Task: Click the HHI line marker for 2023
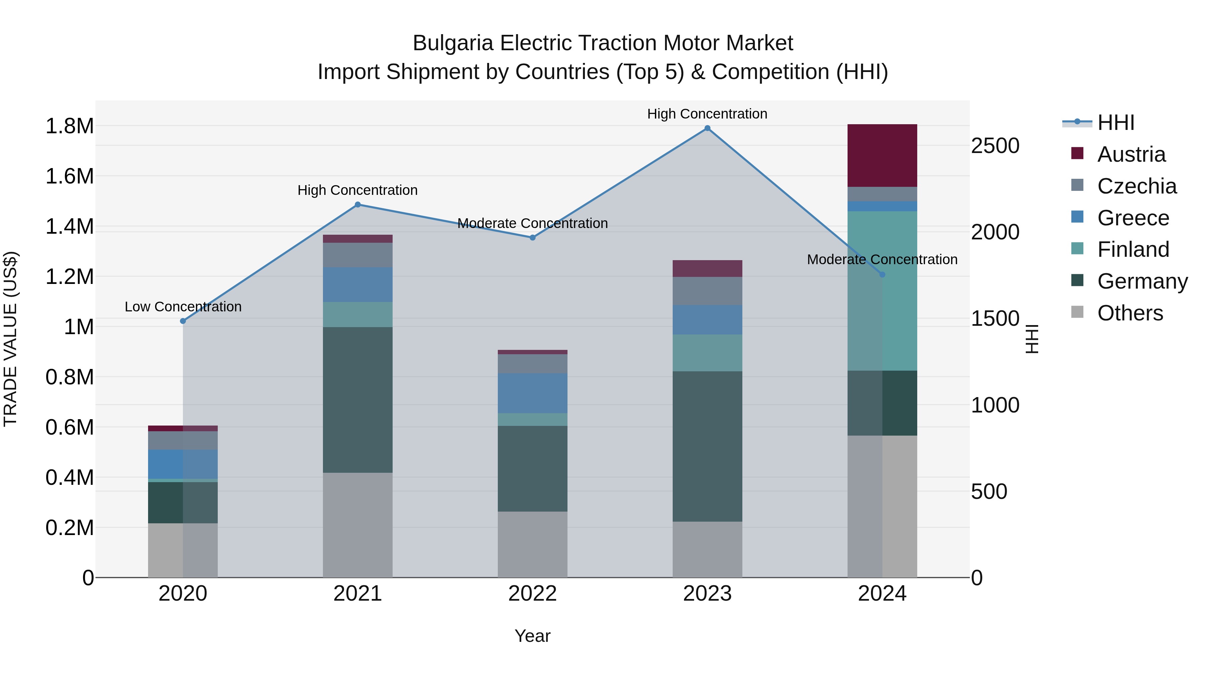pos(708,128)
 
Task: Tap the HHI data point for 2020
pos(183,321)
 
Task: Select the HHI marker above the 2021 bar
pos(358,205)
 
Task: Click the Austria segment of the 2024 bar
pos(882,155)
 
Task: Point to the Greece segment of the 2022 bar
pos(532,393)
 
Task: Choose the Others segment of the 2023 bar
pos(708,549)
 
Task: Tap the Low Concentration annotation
pos(183,307)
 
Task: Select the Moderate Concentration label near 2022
pos(532,224)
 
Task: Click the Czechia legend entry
pos(1137,186)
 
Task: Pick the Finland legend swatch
pos(1077,249)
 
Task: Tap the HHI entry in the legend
pos(1116,123)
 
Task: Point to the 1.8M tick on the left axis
pos(69,126)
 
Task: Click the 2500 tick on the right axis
pos(995,146)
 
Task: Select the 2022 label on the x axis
pos(532,594)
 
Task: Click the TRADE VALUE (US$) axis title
pos(10,339)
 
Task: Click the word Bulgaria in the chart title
pos(453,44)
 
